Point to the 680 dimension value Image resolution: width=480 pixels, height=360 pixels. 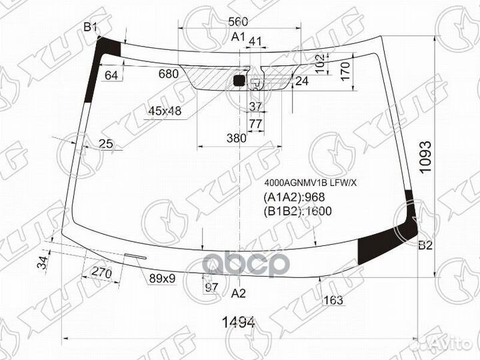tap(169, 74)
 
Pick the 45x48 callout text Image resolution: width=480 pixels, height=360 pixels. tap(165, 111)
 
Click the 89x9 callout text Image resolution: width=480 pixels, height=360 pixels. tap(162, 278)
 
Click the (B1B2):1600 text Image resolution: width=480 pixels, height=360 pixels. tap(298, 211)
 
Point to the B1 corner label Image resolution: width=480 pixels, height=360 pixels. tap(91, 27)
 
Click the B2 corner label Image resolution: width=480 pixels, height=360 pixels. tap(425, 245)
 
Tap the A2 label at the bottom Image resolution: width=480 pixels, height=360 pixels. tap(239, 293)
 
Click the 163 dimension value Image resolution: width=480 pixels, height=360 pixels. tap(333, 300)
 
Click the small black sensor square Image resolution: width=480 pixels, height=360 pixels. tap(239, 81)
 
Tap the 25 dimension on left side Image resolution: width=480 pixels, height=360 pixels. tap(105, 143)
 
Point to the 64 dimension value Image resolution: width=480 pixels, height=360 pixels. tap(111, 75)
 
